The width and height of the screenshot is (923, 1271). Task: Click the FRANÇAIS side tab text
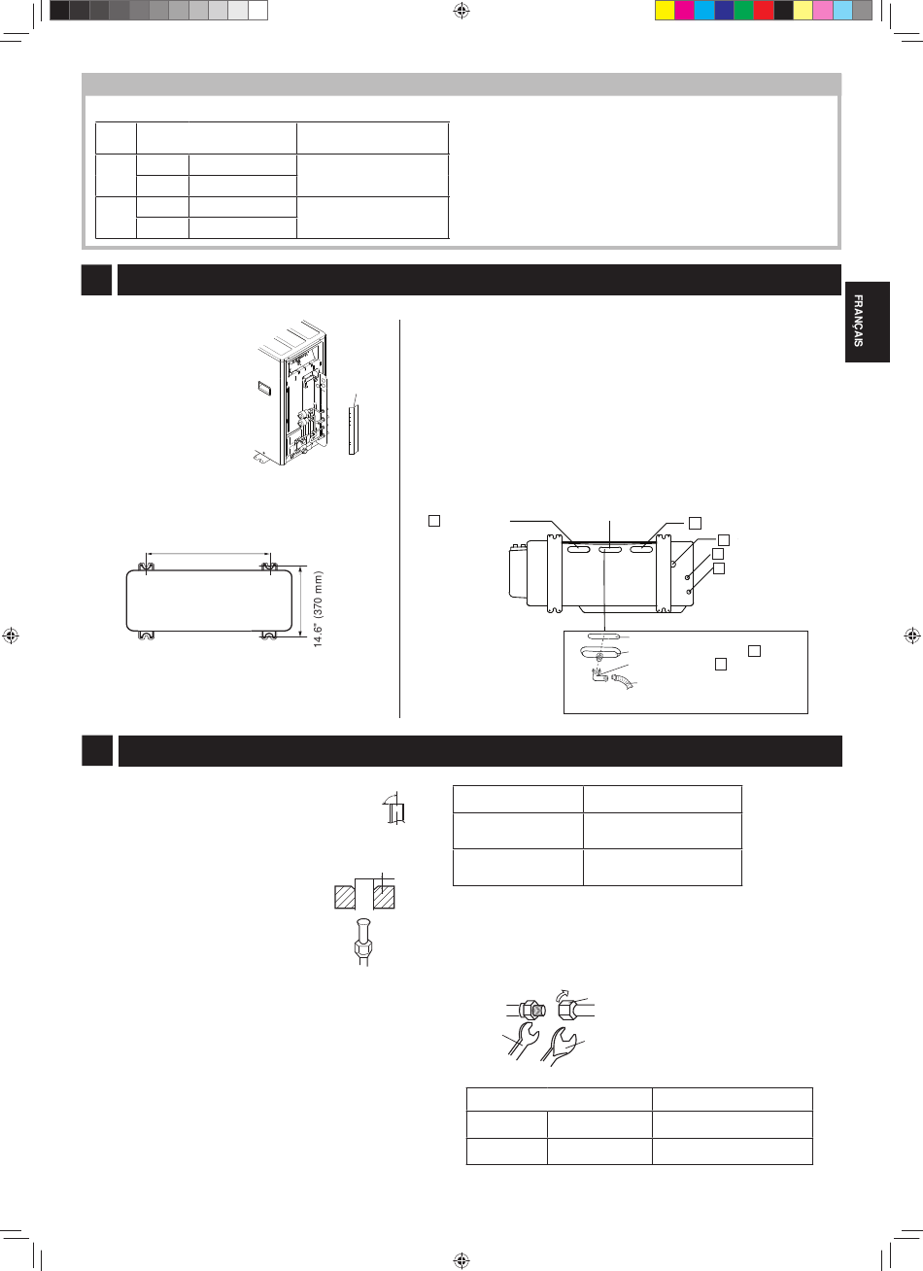click(858, 321)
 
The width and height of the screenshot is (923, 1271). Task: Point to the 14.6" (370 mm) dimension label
click(318, 609)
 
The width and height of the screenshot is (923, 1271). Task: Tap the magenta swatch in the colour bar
click(684, 11)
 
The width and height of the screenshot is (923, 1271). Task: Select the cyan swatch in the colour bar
click(704, 11)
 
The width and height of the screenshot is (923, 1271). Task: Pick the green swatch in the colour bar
click(743, 11)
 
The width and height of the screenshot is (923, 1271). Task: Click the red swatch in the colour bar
click(764, 11)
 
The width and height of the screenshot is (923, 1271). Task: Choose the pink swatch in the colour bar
click(823, 11)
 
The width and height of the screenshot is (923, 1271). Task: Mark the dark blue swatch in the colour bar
click(724, 11)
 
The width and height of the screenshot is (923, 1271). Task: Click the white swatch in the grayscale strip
click(257, 11)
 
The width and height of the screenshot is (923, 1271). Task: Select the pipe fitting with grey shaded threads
click(532, 1011)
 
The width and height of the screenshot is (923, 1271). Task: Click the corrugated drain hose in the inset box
click(623, 681)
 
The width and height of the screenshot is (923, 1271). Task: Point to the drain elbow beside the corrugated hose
click(599, 675)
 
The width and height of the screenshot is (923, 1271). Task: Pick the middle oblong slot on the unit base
click(610, 549)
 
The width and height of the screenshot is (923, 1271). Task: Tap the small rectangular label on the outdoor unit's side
click(264, 389)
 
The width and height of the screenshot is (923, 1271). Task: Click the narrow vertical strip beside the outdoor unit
click(353, 429)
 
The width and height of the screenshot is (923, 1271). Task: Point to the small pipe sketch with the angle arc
click(395, 808)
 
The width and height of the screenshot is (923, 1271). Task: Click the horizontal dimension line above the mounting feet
click(208, 554)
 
